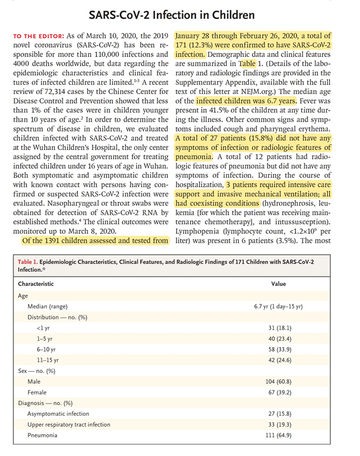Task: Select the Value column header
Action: point(279,284)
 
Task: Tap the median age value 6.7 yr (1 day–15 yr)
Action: point(279,306)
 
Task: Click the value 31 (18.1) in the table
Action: point(279,328)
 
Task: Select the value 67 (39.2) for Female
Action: point(279,393)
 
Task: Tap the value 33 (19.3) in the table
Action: point(279,425)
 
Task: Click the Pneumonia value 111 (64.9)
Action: point(279,436)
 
